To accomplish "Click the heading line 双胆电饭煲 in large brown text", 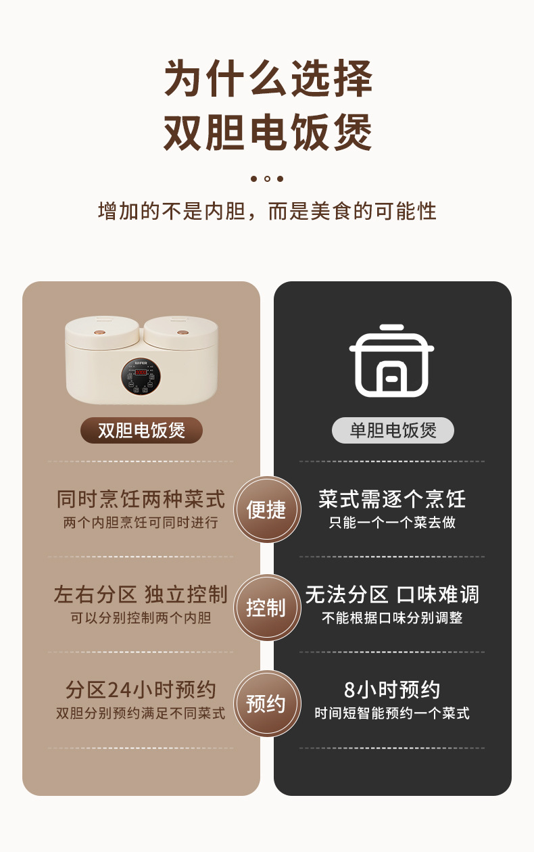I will (x=268, y=132).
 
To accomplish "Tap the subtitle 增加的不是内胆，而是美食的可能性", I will (x=268, y=211).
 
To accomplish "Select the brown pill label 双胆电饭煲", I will (x=141, y=430).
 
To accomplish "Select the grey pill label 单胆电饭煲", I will (x=393, y=430).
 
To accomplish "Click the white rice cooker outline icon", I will (x=392, y=360).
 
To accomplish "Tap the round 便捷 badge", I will (x=267, y=510).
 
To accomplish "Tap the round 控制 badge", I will (x=267, y=607).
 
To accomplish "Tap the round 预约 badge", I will (x=267, y=704).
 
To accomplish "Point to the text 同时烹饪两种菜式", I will (x=141, y=500).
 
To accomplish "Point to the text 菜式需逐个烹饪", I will (x=392, y=500).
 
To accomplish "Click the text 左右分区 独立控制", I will (x=141, y=595).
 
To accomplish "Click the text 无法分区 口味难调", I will (x=392, y=595).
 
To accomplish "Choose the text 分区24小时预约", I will (x=141, y=690).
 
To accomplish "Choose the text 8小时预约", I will (x=392, y=690).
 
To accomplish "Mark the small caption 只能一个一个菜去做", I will (x=392, y=523).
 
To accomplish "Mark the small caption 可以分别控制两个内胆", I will (x=141, y=618).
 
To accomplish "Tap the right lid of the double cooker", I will (x=181, y=329).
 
